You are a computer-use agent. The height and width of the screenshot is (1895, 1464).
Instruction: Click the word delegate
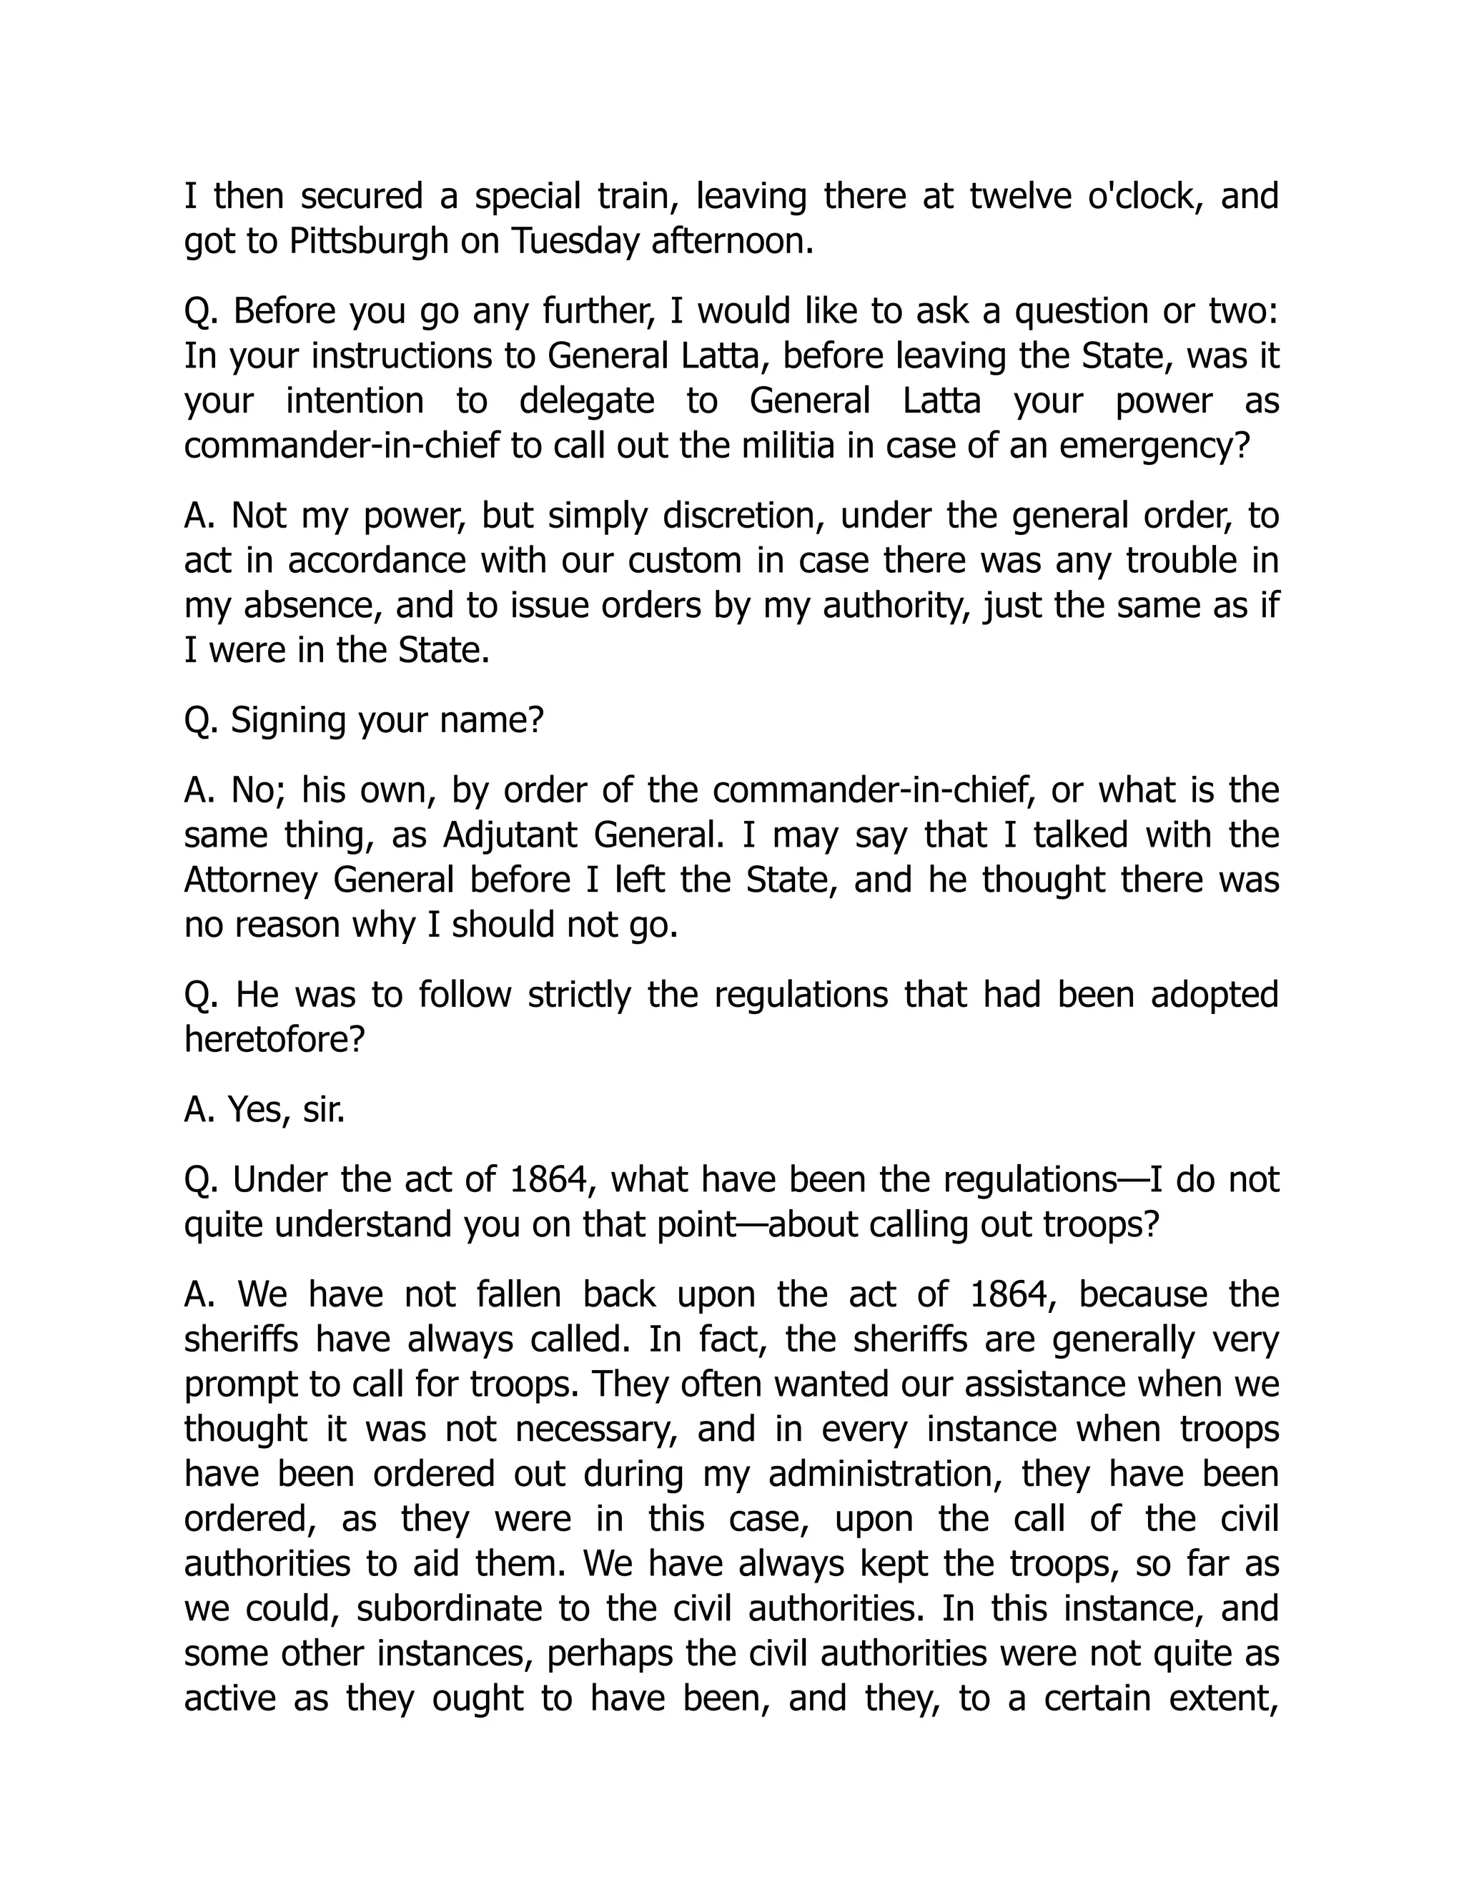pos(586,401)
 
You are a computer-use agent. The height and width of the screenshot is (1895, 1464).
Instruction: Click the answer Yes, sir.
pos(264,1109)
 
